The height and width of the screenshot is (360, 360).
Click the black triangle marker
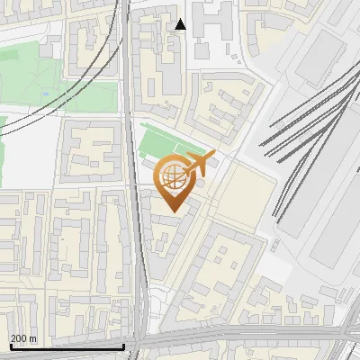point(181,24)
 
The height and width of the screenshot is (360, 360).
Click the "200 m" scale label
point(22,338)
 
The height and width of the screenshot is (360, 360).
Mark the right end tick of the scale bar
point(123,345)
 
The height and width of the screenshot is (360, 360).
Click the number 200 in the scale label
point(18,338)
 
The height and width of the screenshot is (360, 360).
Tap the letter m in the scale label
point(33,338)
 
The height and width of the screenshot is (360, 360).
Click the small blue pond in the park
point(45,92)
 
